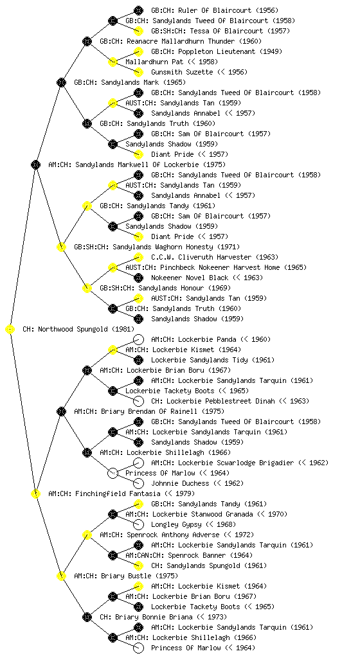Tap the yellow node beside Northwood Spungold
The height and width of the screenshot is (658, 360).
coord(10,330)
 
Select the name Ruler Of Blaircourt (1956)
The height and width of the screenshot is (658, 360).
coord(215,10)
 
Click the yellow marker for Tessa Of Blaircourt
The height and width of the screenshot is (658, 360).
coord(138,31)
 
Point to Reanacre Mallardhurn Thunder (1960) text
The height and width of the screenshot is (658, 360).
coord(181,42)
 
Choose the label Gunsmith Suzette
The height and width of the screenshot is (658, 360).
coord(182,72)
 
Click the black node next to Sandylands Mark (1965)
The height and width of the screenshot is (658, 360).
coord(61,83)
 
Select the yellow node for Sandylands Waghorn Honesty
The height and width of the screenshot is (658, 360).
coord(61,247)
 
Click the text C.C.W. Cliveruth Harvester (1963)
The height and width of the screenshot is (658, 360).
coord(215,257)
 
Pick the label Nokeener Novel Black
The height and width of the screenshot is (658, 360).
coord(190,278)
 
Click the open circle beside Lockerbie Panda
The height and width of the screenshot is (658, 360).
coord(138,339)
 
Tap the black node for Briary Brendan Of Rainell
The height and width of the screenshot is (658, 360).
coord(61,412)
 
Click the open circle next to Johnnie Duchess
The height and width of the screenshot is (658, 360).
coord(138,483)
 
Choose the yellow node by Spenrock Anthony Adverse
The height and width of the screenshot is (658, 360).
coord(87,535)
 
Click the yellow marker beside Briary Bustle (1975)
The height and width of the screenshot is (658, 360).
coord(61,576)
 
